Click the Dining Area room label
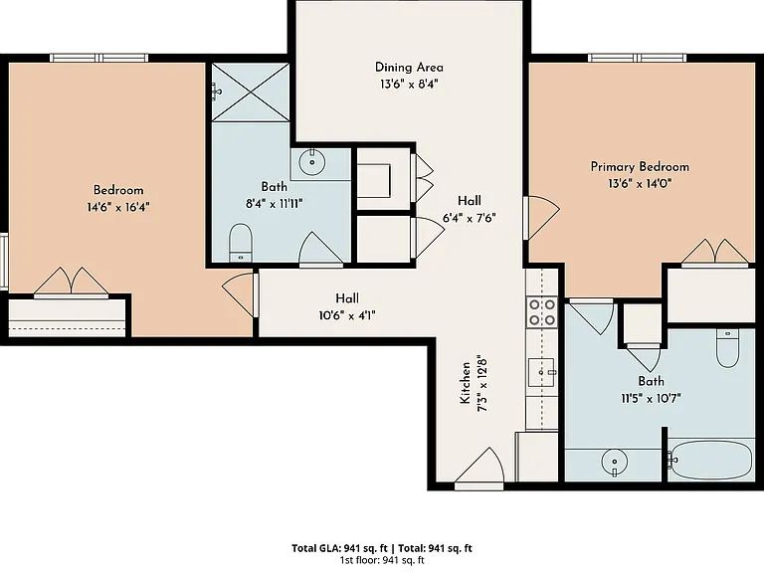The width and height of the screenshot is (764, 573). (409, 67)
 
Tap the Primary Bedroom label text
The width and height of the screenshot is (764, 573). (640, 167)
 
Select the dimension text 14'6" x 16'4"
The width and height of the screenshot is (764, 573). (118, 207)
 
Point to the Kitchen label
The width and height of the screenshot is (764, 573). (466, 382)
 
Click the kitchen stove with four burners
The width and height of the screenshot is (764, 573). (542, 311)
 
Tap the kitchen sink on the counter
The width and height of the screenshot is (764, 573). (542, 372)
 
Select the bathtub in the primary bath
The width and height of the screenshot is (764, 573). (709, 460)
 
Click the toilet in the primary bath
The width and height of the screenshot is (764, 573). (728, 348)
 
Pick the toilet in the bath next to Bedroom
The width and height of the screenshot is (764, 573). (240, 243)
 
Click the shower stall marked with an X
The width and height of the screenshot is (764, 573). (251, 92)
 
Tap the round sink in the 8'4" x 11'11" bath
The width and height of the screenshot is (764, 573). (311, 162)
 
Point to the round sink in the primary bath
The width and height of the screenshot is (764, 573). (615, 461)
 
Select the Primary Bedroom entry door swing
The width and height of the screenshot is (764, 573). (541, 218)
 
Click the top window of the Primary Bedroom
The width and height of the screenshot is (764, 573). (638, 58)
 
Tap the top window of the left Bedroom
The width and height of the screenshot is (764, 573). (99, 58)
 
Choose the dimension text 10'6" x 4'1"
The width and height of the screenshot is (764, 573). (347, 315)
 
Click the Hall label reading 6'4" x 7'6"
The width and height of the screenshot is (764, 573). (470, 209)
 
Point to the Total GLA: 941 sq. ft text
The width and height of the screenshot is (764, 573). (339, 549)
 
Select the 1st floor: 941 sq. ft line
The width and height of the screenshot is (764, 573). (382, 560)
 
